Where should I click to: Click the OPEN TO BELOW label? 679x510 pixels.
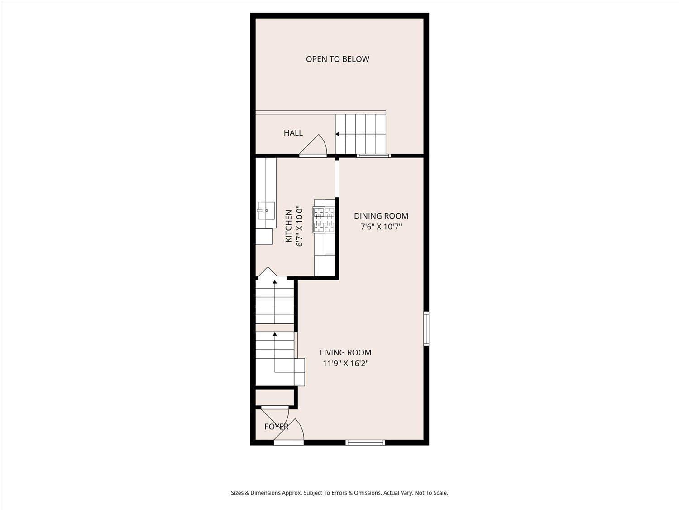[x=337, y=59]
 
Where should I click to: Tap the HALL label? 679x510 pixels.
[x=293, y=133]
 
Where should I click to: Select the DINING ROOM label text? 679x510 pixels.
[x=381, y=216]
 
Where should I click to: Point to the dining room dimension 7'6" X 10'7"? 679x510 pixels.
[x=381, y=227]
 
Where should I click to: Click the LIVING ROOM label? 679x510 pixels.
[x=345, y=352]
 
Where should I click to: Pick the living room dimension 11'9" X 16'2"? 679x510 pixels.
[x=345, y=363]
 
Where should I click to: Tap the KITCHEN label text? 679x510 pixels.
[x=289, y=226]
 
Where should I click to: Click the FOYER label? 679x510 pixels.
[x=276, y=427]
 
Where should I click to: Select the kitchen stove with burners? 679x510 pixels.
[x=324, y=220]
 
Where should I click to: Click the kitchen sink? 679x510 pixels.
[x=267, y=210]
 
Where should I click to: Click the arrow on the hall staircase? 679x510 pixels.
[x=337, y=134]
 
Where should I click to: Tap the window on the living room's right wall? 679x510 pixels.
[x=426, y=329]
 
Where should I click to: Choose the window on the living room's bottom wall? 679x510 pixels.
[x=365, y=442]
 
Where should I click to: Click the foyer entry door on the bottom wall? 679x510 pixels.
[x=289, y=442]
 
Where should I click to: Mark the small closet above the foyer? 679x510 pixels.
[x=275, y=398]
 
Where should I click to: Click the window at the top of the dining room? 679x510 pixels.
[x=373, y=155]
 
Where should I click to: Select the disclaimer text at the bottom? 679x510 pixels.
[x=339, y=493]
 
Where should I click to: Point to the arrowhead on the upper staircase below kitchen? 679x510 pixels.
[x=275, y=282]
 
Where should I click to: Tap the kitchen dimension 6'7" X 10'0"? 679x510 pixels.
[x=299, y=226]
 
